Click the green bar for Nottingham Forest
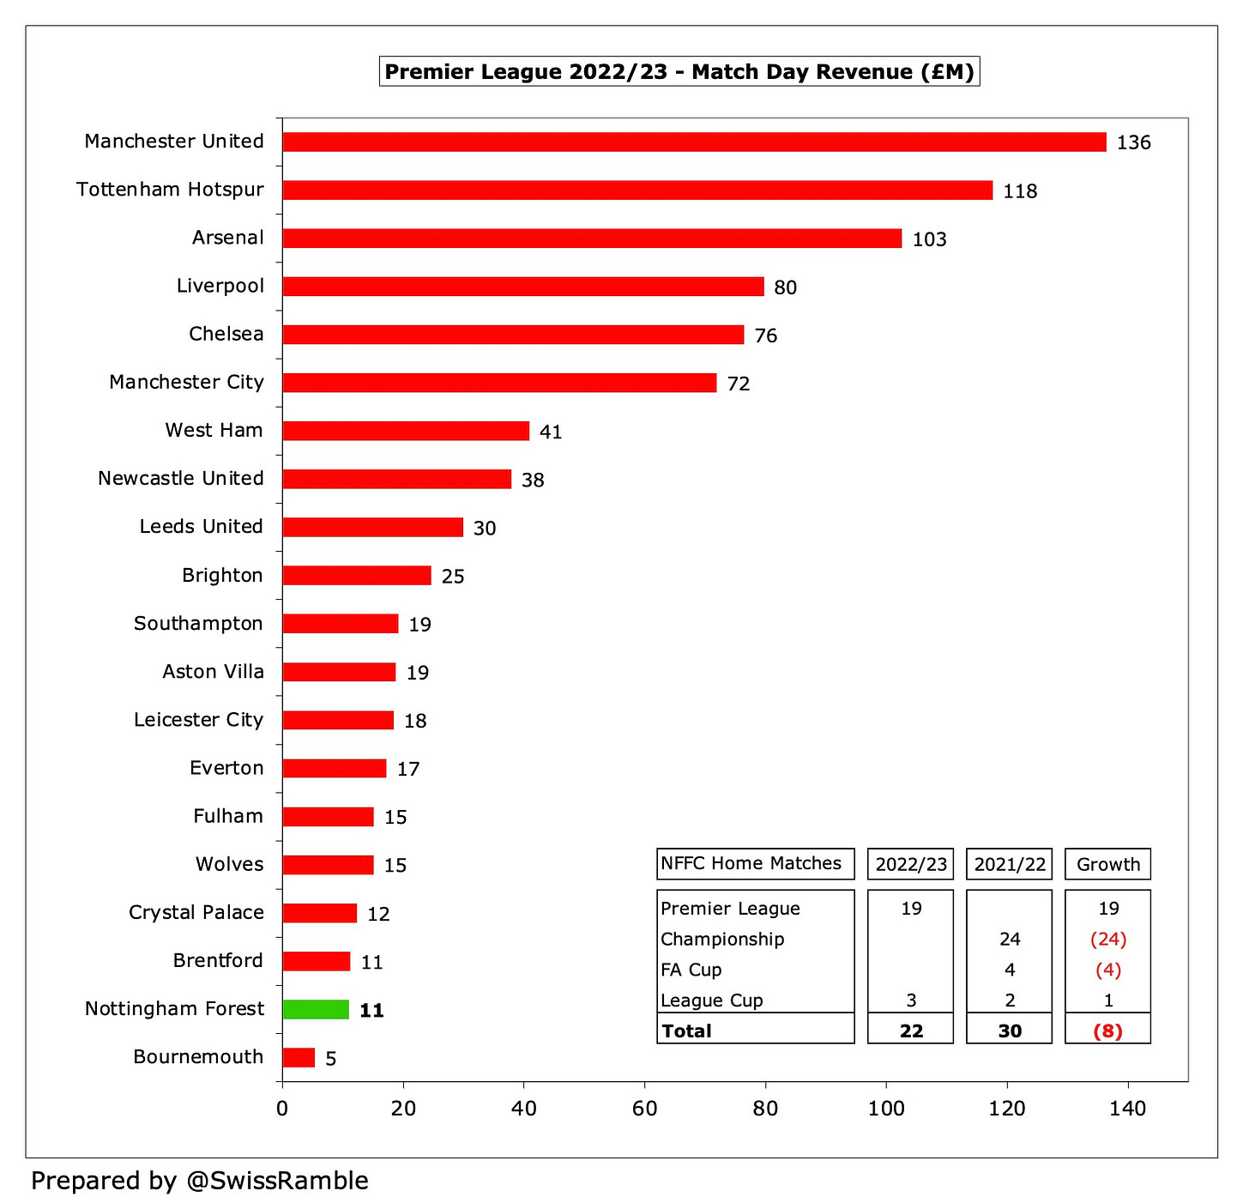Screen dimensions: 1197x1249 pos(316,1009)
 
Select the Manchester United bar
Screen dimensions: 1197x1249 pos(694,142)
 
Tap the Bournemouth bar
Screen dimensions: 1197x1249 pos(299,1057)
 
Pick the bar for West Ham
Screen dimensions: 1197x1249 pos(406,431)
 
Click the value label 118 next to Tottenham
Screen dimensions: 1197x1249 pos(1020,190)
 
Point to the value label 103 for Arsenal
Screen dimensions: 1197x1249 pos(929,239)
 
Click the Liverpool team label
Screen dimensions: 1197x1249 pos(220,286)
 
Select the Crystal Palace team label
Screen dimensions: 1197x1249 pos(196,912)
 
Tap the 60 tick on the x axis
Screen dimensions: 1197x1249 pos(644,1109)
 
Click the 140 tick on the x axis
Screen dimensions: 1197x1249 pos(1127,1109)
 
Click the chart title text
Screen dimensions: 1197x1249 pos(679,71)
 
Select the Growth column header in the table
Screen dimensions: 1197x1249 pos(1107,864)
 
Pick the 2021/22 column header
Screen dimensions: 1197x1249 pos(1010,864)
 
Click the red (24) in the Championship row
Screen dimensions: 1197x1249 pos(1107,939)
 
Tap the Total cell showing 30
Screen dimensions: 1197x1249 pos(1010,1031)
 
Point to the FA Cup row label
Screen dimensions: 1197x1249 pos(691,970)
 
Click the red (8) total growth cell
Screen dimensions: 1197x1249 pos(1107,1031)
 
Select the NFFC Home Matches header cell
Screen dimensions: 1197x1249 pos(751,863)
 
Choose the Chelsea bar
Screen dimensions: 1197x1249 pos(513,335)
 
